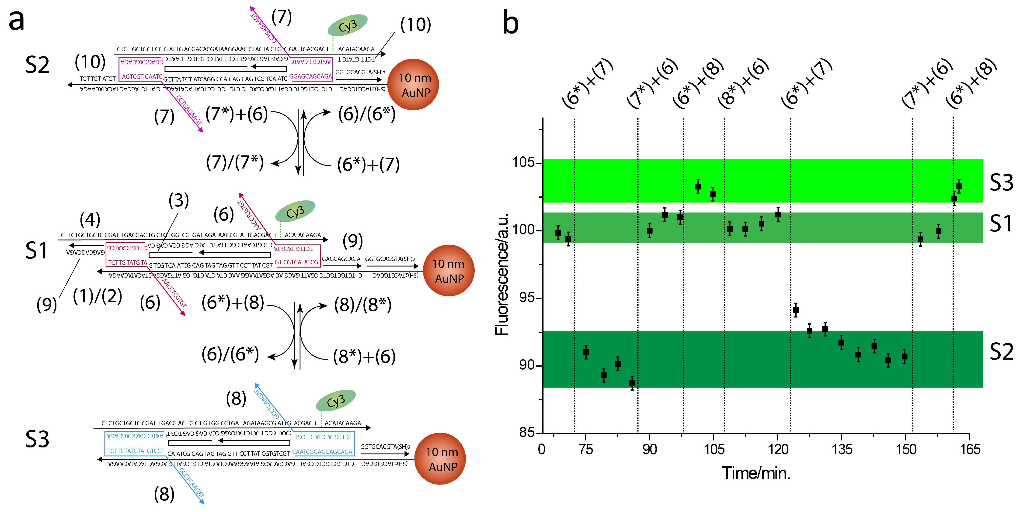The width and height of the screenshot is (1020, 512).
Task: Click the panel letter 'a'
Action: (x=17, y=21)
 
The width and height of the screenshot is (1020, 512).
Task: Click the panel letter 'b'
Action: (x=511, y=23)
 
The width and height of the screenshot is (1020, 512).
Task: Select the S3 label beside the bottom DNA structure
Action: (x=37, y=439)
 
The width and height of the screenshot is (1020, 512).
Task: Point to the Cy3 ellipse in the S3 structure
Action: (x=336, y=400)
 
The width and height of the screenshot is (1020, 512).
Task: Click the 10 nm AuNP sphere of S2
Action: (x=413, y=85)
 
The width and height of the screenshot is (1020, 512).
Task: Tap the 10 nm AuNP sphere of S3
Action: (x=440, y=459)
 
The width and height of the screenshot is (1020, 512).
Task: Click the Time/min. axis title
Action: (x=756, y=473)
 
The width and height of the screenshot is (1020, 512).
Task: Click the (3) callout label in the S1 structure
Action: (x=179, y=201)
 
